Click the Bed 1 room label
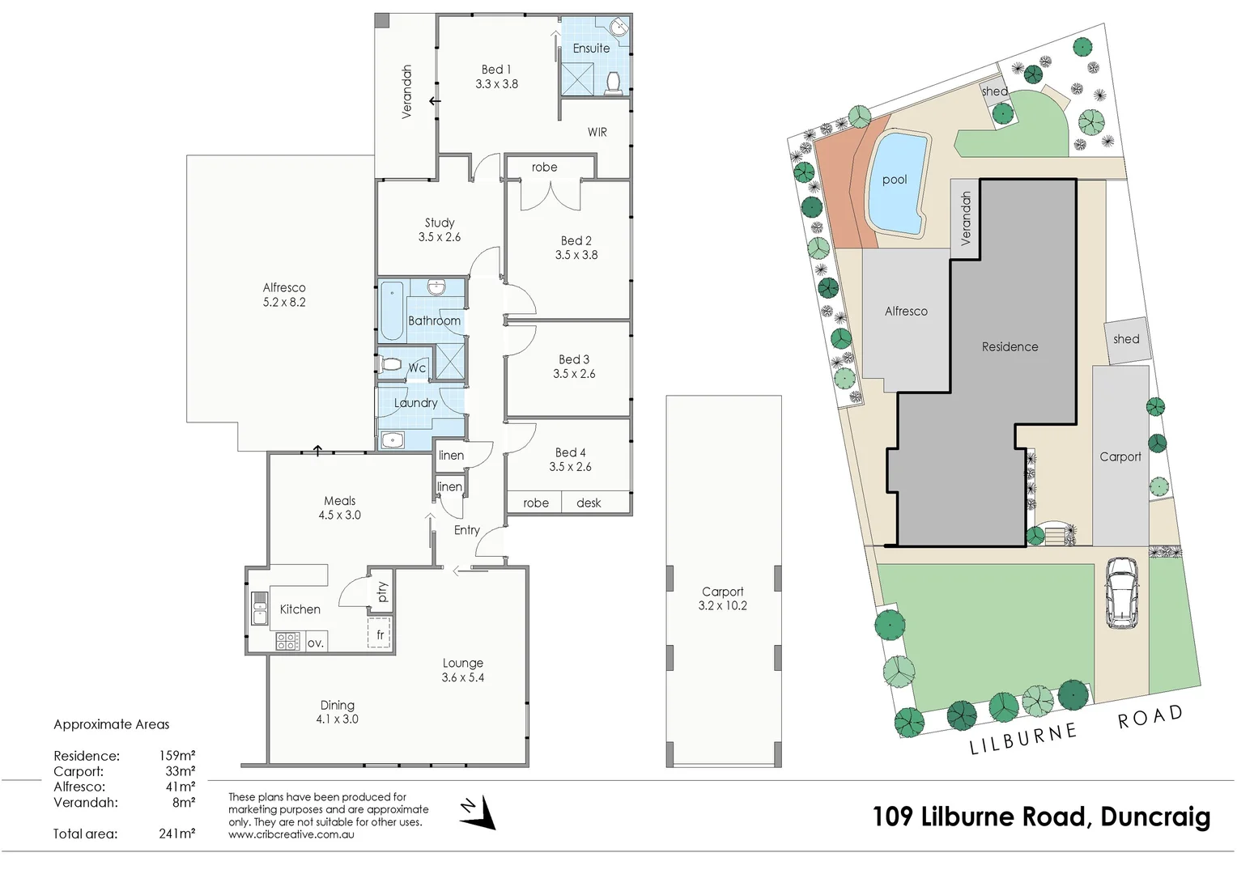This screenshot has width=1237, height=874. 496,70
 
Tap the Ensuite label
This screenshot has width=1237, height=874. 591,49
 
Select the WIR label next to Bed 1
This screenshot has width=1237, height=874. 597,132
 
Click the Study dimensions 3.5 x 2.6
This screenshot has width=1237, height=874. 440,237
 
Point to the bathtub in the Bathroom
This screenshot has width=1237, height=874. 392,311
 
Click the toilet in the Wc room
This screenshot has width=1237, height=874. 391,365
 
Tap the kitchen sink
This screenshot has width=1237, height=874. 260,609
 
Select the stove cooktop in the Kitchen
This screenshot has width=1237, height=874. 287,642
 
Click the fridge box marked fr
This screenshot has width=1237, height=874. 380,634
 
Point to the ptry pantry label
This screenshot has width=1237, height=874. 382,592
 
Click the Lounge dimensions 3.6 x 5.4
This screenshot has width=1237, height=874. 462,677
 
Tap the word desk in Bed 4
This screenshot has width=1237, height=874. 589,503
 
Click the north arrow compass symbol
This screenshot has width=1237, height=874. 480,812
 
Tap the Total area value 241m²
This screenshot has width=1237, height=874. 176,834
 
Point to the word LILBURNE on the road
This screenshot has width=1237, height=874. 1024,739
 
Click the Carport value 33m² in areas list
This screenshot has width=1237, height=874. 180,771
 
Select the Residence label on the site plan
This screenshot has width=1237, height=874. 1010,347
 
